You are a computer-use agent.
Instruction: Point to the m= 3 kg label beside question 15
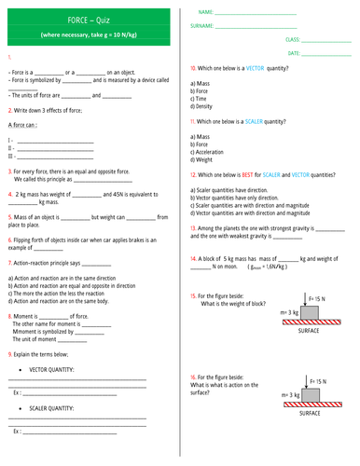(288, 313)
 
